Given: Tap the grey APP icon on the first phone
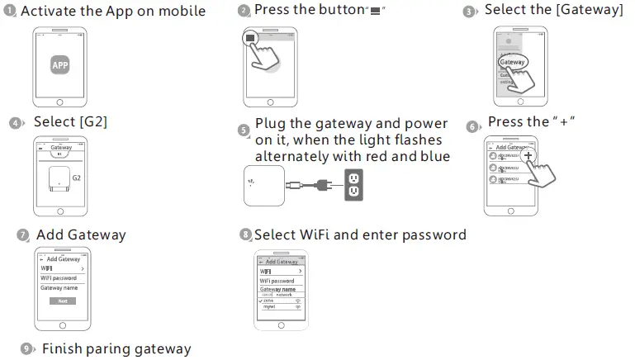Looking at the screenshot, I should tap(59, 65).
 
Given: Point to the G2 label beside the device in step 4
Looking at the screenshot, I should tap(77, 178).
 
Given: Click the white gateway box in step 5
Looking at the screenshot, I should tap(264, 186).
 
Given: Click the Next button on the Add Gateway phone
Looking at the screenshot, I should tap(62, 301).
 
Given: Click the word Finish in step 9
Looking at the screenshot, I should tap(61, 349).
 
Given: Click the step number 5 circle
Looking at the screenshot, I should tap(243, 130).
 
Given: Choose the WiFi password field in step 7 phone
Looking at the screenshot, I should tap(58, 279).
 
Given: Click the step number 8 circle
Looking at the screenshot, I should tap(245, 235).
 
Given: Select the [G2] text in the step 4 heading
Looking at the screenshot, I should tap(93, 122).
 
